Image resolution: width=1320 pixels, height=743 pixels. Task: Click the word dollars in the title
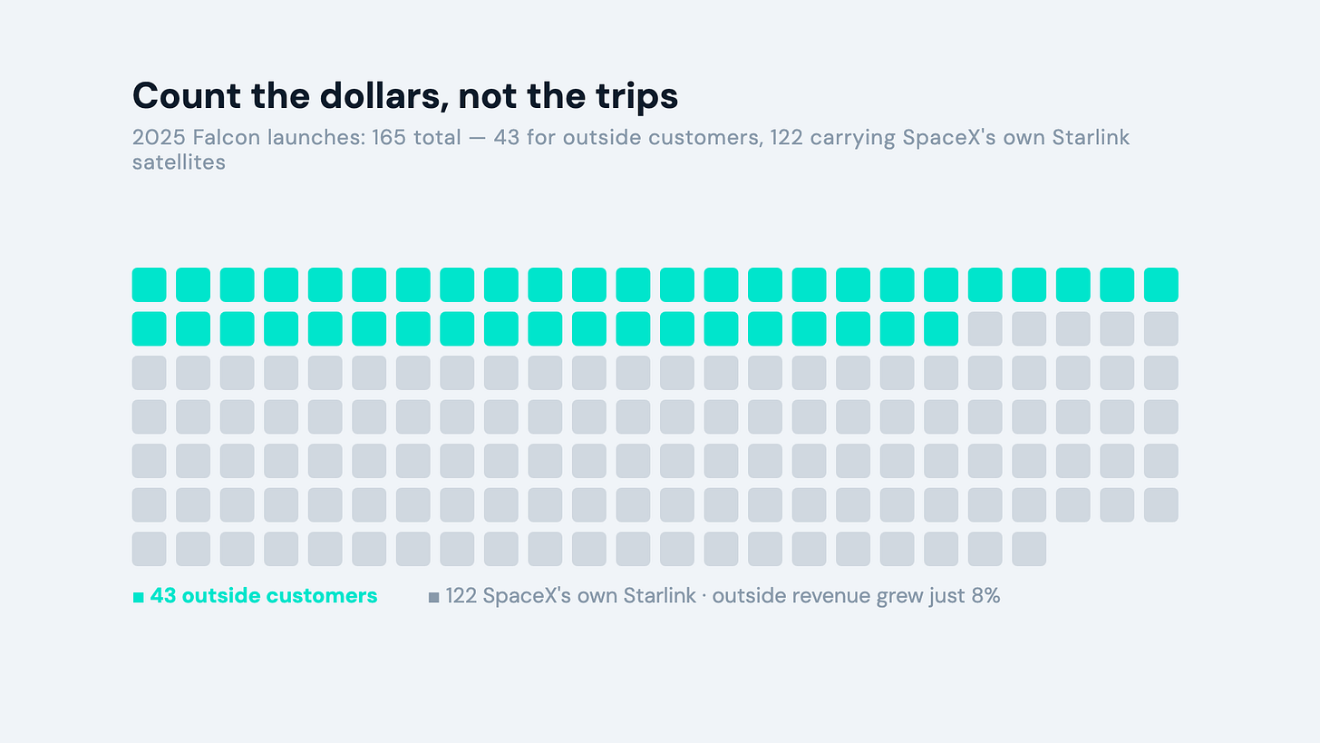pyautogui.click(x=384, y=95)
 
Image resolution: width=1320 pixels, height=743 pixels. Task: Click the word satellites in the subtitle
pyautogui.click(x=179, y=162)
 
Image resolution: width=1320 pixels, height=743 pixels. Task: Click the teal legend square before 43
pyautogui.click(x=139, y=597)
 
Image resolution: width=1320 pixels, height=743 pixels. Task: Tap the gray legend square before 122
pyautogui.click(x=433, y=597)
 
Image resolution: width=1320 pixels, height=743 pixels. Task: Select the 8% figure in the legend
pyautogui.click(x=985, y=595)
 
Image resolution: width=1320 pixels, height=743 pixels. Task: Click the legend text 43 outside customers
pyautogui.click(x=264, y=595)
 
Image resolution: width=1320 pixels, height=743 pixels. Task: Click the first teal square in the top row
pyautogui.click(x=149, y=285)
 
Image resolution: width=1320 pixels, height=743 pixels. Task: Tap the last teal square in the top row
pyautogui.click(x=1160, y=285)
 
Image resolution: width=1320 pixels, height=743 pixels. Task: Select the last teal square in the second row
pyautogui.click(x=941, y=329)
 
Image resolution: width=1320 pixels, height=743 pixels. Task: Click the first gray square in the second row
pyautogui.click(x=985, y=329)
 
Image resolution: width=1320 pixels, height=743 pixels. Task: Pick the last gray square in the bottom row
pyautogui.click(x=1029, y=549)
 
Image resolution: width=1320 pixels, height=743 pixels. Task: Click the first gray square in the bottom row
pyautogui.click(x=149, y=549)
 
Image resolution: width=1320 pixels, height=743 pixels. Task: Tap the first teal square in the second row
pyautogui.click(x=149, y=329)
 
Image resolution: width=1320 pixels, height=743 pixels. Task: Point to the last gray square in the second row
pyautogui.click(x=1160, y=329)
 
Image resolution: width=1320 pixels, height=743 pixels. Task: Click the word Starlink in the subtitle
pyautogui.click(x=1091, y=137)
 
